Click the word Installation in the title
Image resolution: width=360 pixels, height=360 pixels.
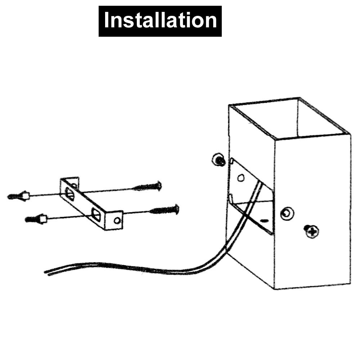160,21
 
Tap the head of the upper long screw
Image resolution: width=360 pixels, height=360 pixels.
159,186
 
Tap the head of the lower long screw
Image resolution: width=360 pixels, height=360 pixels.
176,208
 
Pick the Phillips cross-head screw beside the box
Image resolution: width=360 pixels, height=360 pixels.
311,230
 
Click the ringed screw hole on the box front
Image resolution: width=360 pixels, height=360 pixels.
287,214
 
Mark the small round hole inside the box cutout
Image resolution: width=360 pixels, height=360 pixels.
241,177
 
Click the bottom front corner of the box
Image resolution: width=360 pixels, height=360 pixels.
274,288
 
